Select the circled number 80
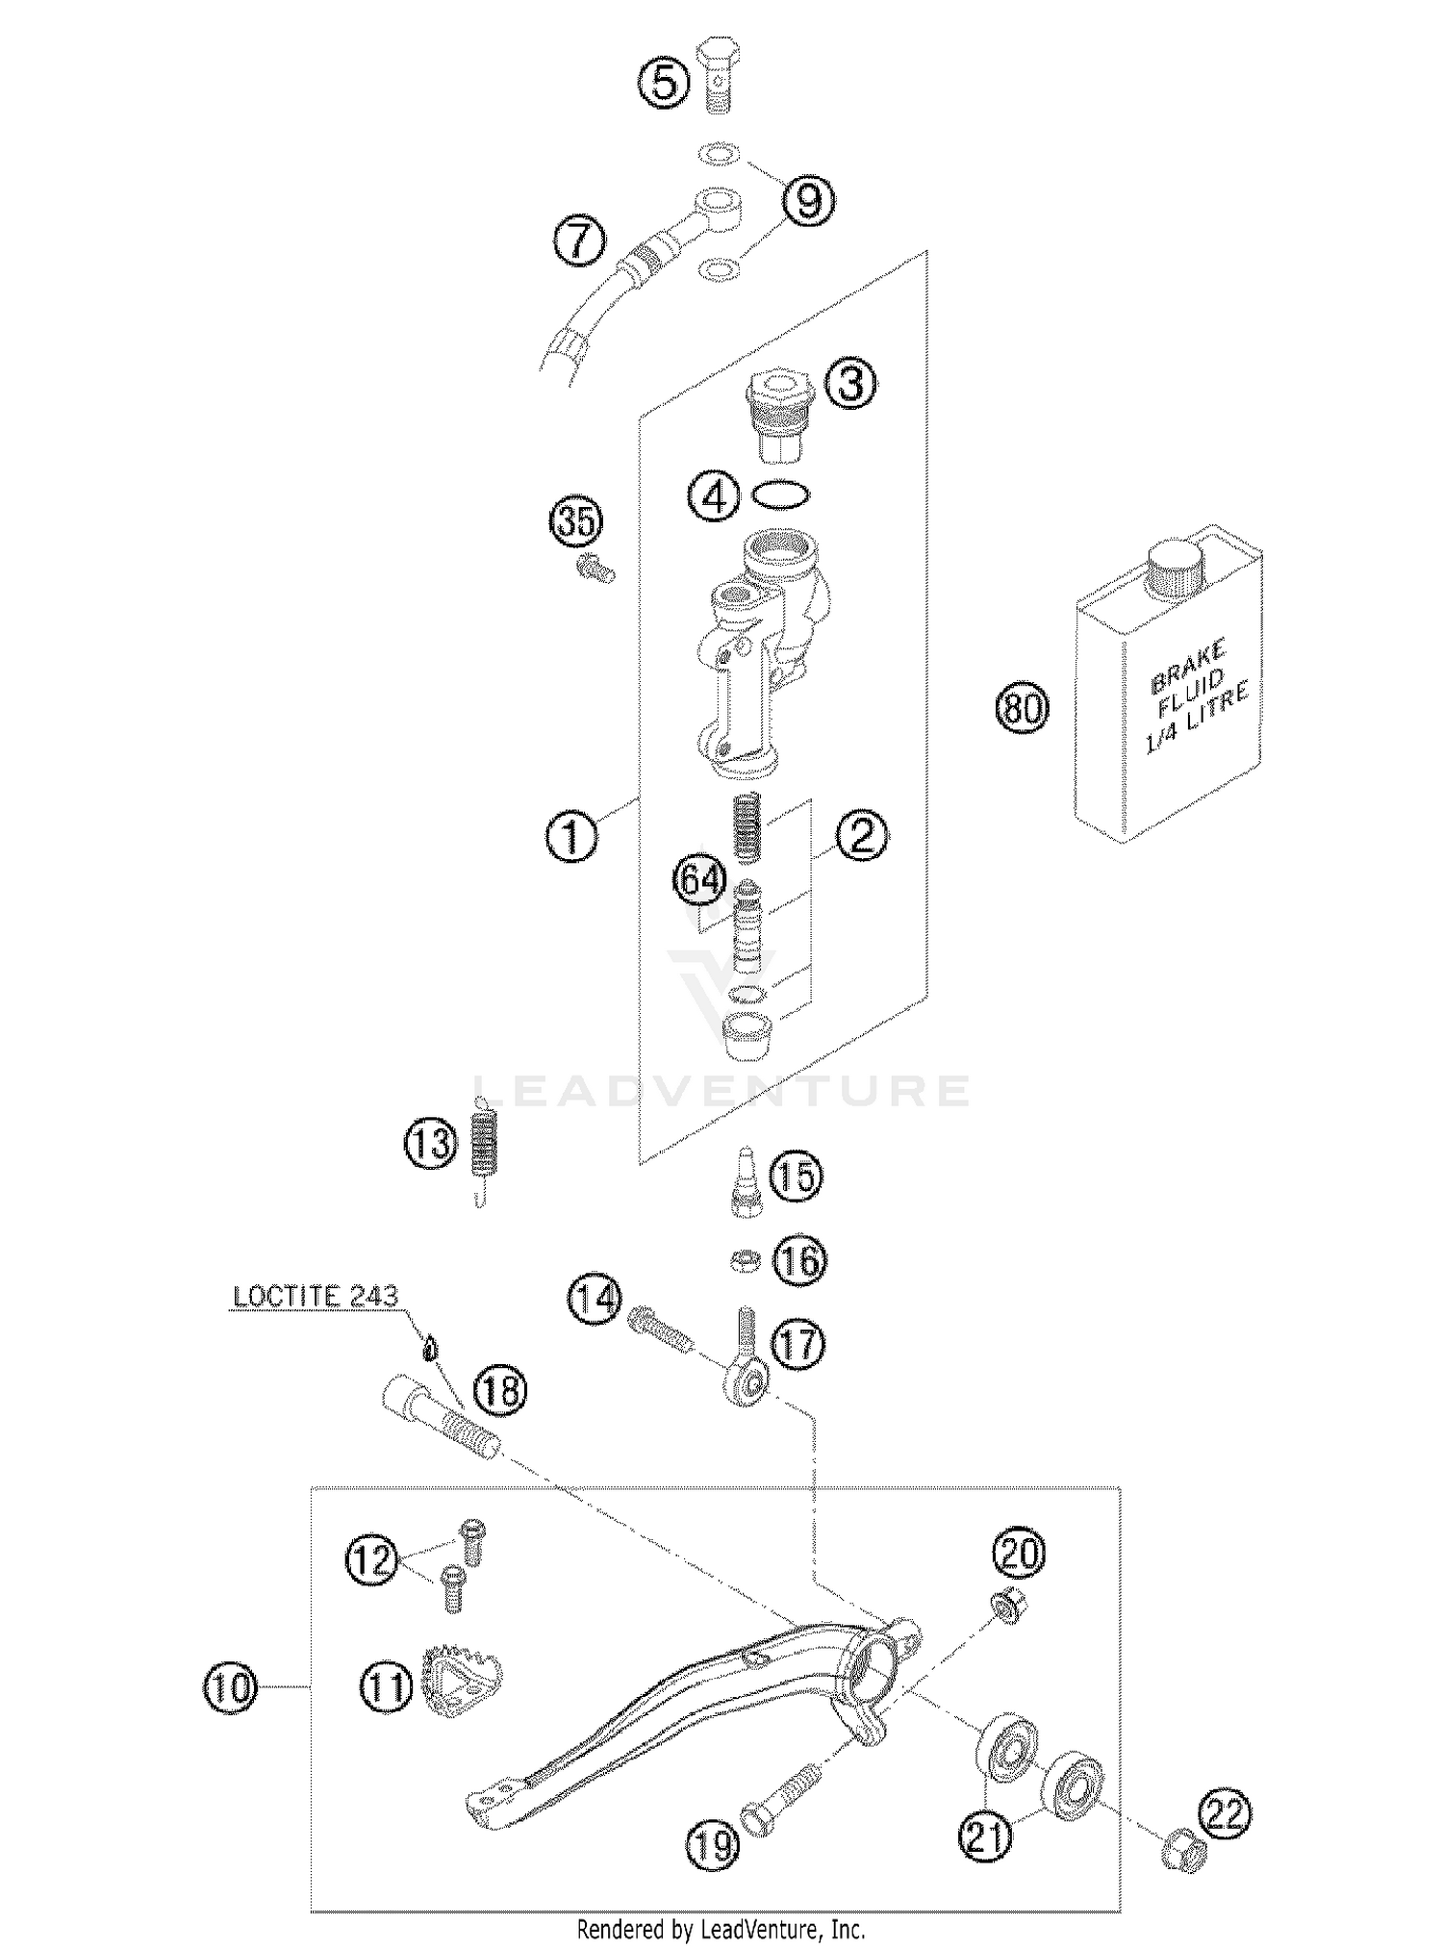pos(1022,709)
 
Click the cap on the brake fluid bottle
pos(1176,567)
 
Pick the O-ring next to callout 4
pos(779,495)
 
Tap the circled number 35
pos(576,522)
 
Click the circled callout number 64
pos(699,882)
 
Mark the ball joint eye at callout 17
pos(753,1383)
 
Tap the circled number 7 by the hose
pos(579,240)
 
